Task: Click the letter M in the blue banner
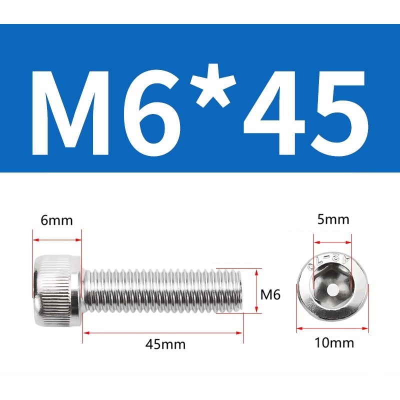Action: tap(71, 113)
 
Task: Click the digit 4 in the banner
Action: tap(273, 113)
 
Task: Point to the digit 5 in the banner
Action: tap(339, 114)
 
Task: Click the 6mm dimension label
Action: tap(56, 220)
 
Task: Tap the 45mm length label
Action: tap(165, 344)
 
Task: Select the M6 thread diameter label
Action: tap(270, 294)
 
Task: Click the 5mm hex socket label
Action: tap(333, 219)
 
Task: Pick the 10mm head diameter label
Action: tap(334, 342)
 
